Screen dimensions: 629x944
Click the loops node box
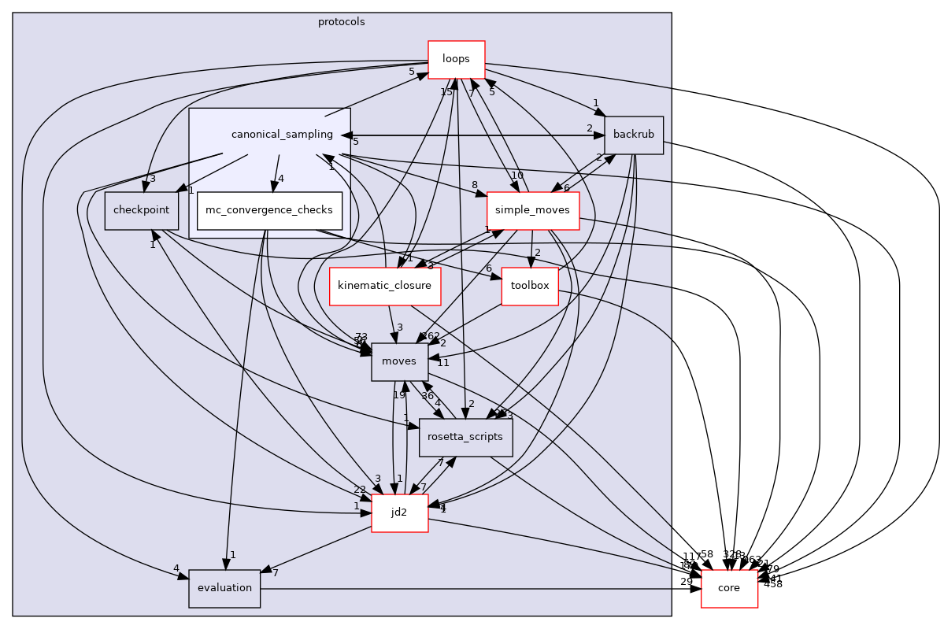tap(456, 59)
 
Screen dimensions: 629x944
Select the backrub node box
tap(634, 135)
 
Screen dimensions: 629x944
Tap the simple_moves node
tap(533, 210)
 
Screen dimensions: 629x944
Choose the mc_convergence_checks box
tap(269, 210)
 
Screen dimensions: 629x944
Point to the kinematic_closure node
tap(384, 286)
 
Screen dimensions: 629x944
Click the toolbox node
tap(530, 286)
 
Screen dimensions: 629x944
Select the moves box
tap(400, 361)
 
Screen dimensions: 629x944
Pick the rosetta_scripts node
tap(466, 437)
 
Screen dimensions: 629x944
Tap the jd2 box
tap(399, 512)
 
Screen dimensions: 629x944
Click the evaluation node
tap(224, 588)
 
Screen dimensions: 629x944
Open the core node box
tap(729, 588)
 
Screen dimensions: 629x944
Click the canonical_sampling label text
tap(282, 135)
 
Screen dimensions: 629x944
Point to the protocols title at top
tap(341, 22)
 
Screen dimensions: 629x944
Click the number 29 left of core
tap(687, 581)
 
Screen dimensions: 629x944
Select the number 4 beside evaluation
tap(176, 568)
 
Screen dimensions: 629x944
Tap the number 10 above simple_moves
tap(516, 176)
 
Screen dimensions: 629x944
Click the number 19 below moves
tap(399, 394)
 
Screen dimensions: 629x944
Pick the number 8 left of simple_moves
tap(475, 186)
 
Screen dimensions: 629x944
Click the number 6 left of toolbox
tap(489, 268)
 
